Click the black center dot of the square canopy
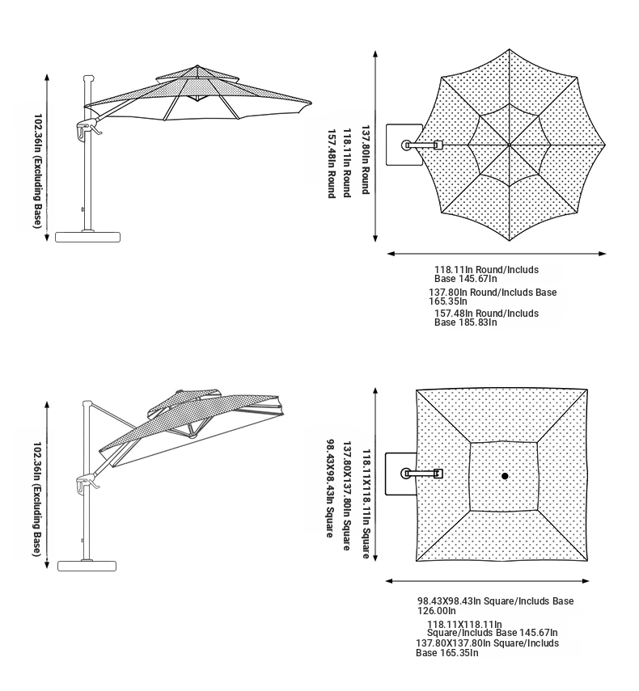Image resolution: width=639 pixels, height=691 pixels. (505, 476)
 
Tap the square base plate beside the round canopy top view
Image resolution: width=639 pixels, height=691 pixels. (404, 145)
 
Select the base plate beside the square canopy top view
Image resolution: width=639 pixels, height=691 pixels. (401, 474)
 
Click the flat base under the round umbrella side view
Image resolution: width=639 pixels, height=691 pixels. (87, 237)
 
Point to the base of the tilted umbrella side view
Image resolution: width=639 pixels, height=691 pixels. (87, 566)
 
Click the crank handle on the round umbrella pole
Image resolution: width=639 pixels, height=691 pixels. (89, 129)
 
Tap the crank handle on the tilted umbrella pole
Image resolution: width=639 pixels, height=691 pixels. (87, 483)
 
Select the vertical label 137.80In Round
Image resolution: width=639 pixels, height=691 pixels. (366, 160)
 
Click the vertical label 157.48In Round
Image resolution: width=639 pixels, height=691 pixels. (332, 163)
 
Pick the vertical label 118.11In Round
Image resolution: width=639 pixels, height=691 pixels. (347, 163)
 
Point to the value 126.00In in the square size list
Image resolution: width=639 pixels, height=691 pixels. (437, 611)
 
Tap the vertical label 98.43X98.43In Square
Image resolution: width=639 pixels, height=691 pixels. (330, 488)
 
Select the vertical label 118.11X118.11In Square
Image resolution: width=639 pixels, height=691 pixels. (366, 504)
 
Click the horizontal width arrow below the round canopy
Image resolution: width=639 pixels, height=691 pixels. (497, 254)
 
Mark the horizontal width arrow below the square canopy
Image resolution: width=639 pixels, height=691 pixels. (487, 581)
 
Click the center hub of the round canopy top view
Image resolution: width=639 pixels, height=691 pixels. (510, 145)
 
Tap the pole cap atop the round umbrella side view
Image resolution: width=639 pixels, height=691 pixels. (89, 78)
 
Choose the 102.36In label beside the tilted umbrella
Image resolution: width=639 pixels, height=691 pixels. (38, 499)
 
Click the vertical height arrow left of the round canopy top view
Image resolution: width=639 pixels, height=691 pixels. (375, 146)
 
